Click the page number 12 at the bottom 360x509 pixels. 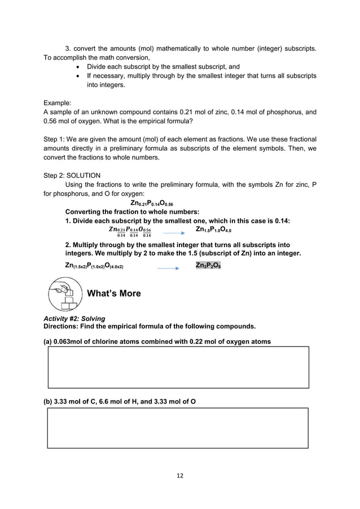[x=179, y=476]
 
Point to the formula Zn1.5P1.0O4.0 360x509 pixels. [x=213, y=230]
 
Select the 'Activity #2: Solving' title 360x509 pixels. [x=74, y=319]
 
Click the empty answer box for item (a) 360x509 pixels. [x=178, y=367]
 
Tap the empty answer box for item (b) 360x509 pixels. [x=178, y=428]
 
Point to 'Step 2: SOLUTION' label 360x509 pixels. [x=72, y=175]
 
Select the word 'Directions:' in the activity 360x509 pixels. [x=63, y=327]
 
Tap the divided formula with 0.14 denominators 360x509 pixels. [x=129, y=232]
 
